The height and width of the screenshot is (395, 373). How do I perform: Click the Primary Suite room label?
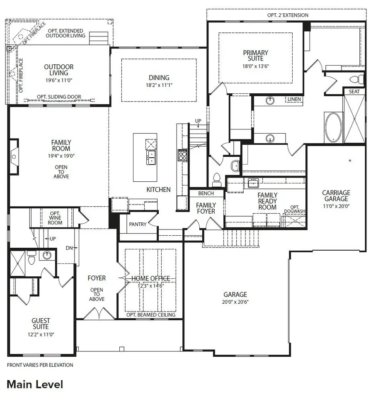point(256,56)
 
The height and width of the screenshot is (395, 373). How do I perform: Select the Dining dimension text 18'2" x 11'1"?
point(159,85)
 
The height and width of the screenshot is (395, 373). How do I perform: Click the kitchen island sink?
point(151,158)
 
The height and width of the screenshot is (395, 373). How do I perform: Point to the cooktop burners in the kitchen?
point(183,155)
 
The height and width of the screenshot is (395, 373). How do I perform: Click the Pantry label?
point(138,224)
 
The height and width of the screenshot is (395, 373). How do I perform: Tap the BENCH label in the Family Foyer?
point(206,193)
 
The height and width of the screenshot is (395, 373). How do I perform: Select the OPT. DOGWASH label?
point(294,209)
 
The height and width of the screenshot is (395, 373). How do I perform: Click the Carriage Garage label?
point(336,196)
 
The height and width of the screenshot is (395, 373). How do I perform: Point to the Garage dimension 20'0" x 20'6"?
point(235,302)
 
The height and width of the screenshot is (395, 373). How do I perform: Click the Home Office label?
point(150,278)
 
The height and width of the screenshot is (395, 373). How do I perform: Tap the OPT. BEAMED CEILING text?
point(150,315)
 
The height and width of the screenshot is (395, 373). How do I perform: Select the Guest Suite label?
point(41,324)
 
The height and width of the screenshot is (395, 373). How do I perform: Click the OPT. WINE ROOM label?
point(55,217)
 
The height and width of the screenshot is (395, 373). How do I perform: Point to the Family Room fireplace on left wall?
point(14,156)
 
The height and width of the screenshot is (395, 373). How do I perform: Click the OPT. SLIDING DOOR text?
point(59,97)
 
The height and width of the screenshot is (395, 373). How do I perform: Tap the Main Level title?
point(35,384)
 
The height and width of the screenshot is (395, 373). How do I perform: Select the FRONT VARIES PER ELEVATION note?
point(40,365)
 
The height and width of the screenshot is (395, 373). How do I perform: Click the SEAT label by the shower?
point(354,91)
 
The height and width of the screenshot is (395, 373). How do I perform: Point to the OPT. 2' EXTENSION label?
point(288,15)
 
